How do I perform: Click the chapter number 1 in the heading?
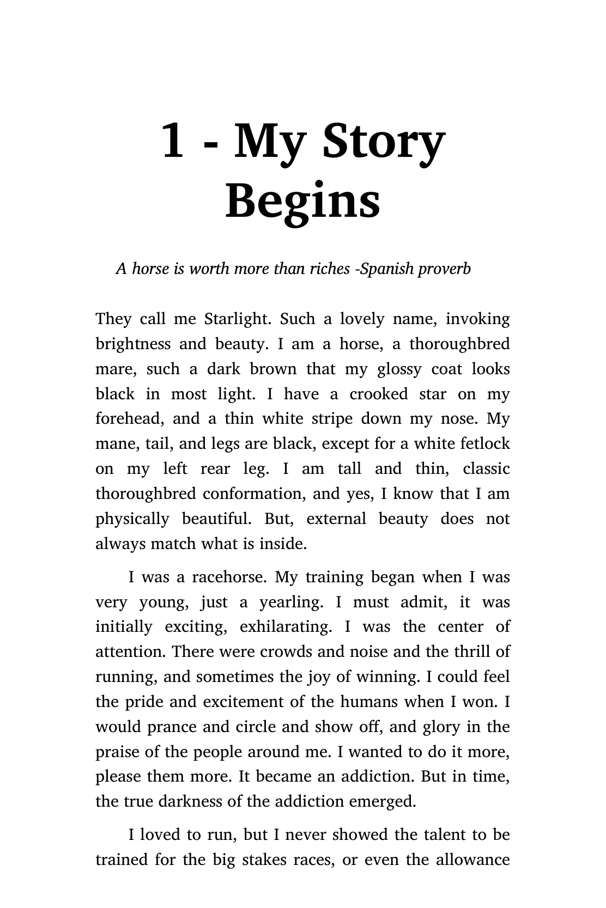[172, 141]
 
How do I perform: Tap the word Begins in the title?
[303, 201]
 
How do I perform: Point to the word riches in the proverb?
[326, 269]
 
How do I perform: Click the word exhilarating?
[286, 627]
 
